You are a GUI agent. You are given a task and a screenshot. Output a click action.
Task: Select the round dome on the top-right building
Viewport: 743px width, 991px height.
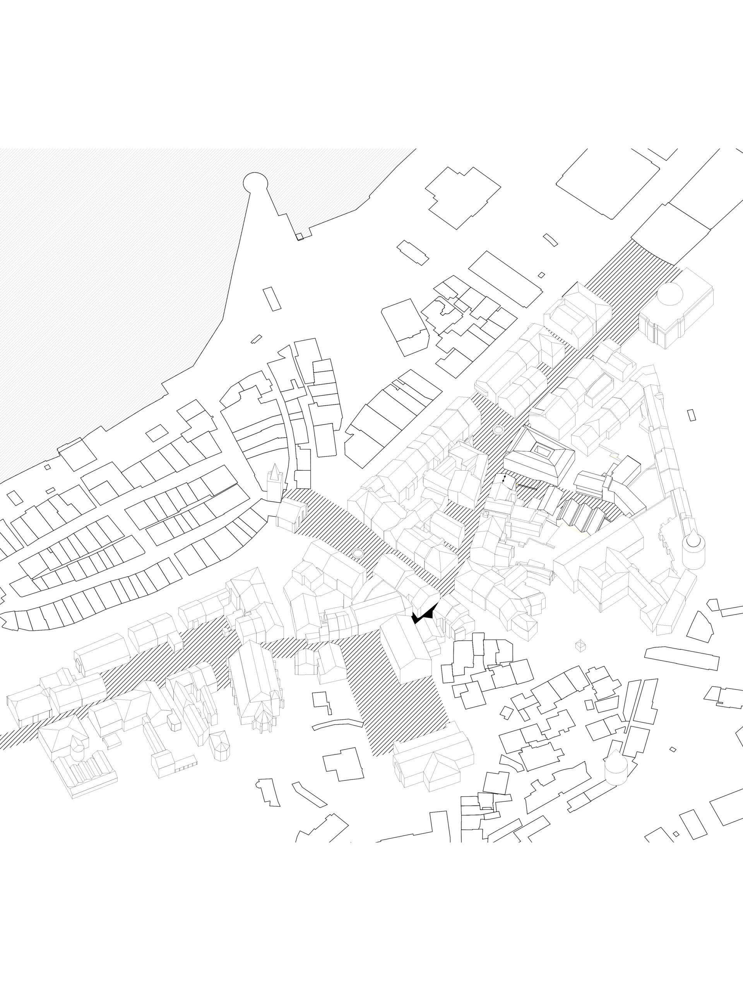point(670,293)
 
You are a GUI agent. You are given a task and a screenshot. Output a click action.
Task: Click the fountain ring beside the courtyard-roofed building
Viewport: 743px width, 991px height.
point(498,430)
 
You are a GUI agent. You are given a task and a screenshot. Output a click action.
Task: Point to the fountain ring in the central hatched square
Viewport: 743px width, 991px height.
point(358,553)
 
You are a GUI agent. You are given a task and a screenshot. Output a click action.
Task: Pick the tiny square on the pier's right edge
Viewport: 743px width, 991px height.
point(300,237)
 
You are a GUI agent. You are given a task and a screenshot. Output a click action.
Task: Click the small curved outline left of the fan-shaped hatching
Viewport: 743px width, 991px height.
point(550,240)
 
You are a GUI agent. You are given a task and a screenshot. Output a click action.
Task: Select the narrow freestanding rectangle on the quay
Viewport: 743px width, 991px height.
point(272,299)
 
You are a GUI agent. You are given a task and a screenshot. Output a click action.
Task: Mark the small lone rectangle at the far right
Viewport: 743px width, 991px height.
point(692,415)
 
